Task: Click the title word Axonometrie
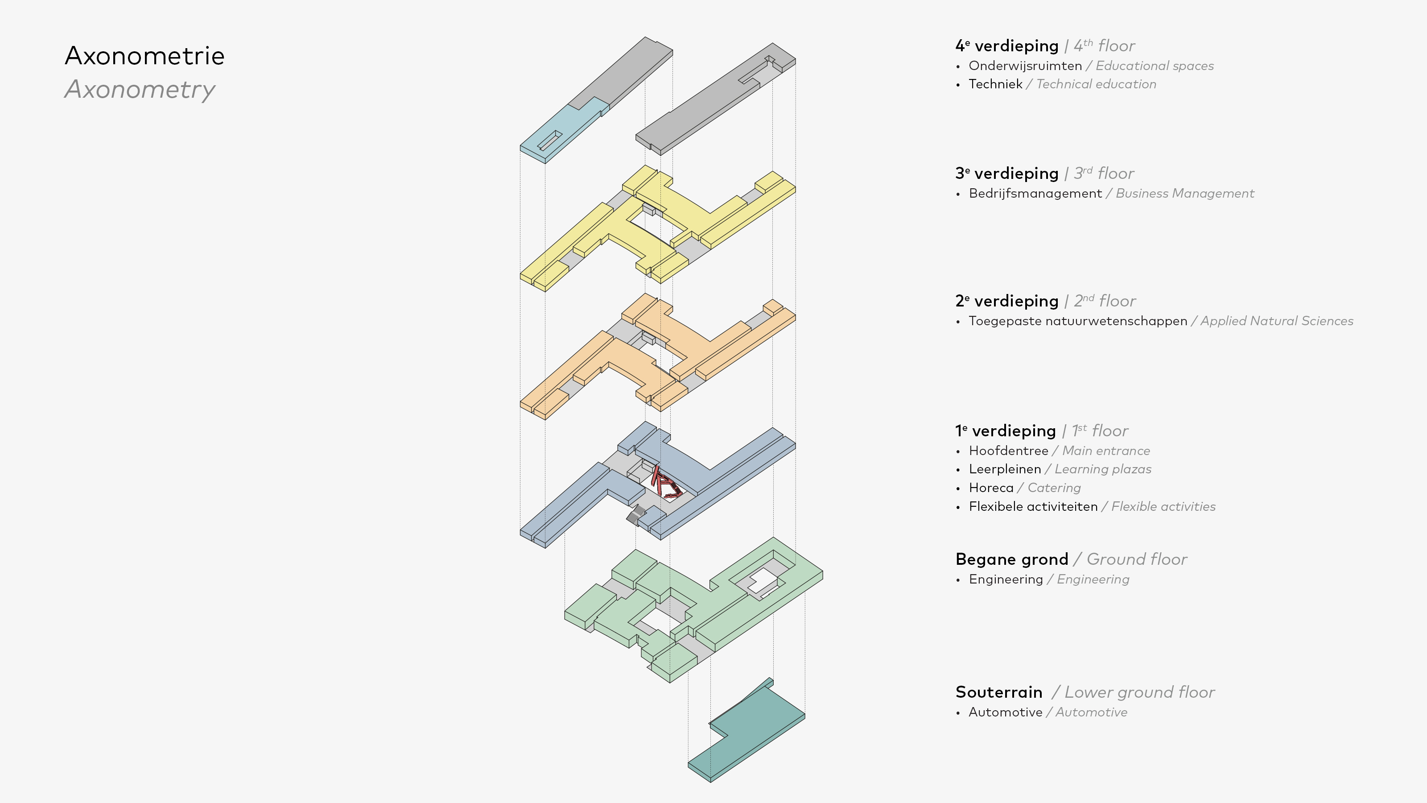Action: pos(144,56)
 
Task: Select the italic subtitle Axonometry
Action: pos(140,90)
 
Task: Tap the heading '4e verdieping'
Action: pos(1006,46)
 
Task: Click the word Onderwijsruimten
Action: pos(1025,66)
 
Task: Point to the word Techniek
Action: pos(995,84)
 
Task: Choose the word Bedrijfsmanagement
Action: pos(1035,194)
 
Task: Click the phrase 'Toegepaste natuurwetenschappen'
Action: pos(1077,321)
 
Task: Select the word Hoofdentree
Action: pos(1008,451)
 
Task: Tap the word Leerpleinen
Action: pos(1004,469)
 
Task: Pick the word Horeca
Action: pos(990,488)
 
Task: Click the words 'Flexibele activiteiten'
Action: pos(1033,506)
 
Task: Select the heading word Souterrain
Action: pos(998,692)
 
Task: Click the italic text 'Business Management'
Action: pos(1184,194)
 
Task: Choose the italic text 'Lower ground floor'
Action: pos(1139,692)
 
